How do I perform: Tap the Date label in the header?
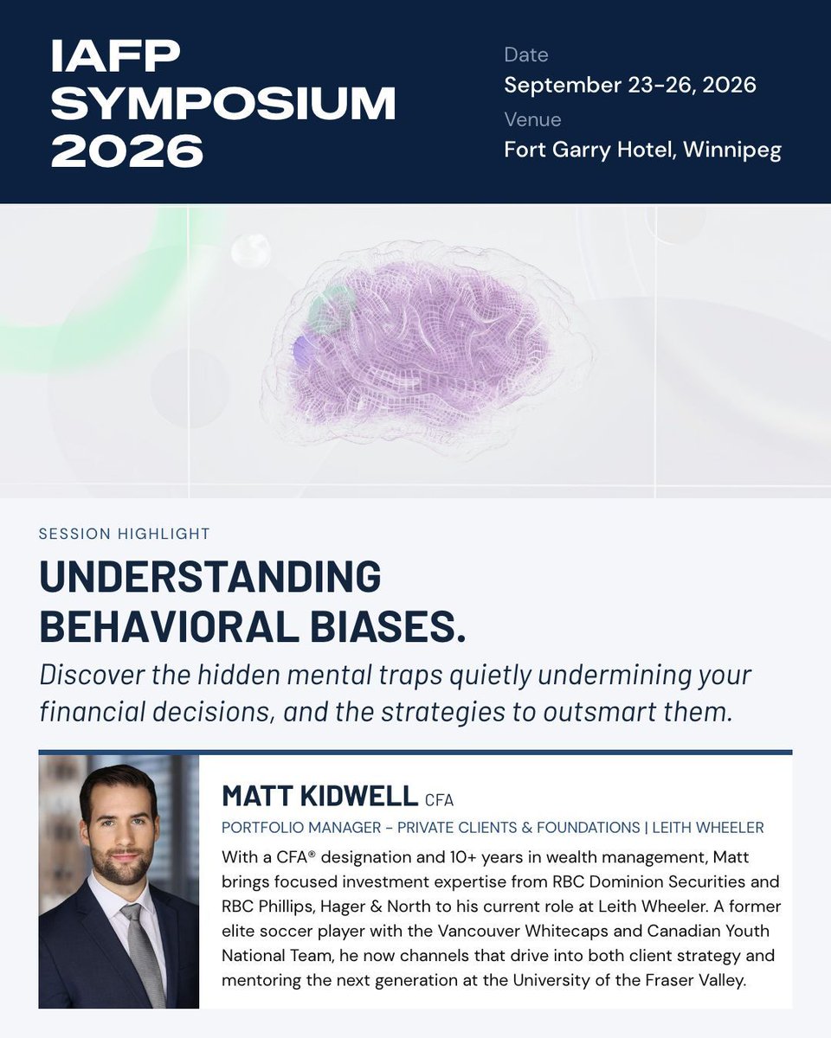(x=525, y=55)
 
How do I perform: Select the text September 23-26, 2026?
(x=630, y=85)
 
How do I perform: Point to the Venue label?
(x=532, y=119)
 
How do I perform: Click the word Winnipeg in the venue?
(x=732, y=150)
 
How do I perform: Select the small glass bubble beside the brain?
(x=251, y=250)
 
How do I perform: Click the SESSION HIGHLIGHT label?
(x=124, y=534)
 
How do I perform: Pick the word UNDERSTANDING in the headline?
(x=210, y=576)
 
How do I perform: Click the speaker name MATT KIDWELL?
(x=319, y=796)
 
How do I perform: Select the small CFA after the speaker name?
(x=439, y=800)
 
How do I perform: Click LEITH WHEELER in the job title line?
(x=708, y=828)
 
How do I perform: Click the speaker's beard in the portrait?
(x=120, y=866)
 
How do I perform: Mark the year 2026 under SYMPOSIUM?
(x=127, y=151)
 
